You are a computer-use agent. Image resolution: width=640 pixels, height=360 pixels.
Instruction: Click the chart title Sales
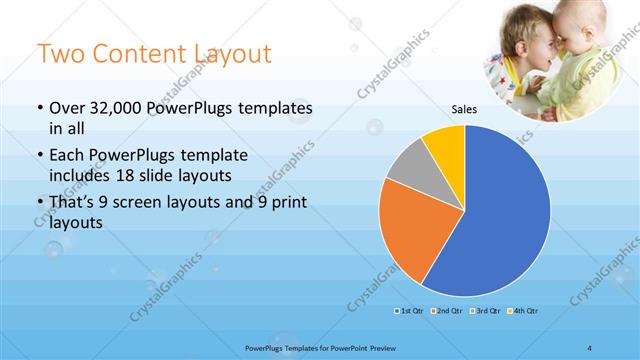[464, 109]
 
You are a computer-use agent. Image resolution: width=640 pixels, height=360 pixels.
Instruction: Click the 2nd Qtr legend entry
[447, 311]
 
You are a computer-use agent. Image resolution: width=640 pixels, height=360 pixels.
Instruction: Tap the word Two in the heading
[61, 53]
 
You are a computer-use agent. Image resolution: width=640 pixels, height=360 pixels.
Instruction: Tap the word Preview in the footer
[386, 347]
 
